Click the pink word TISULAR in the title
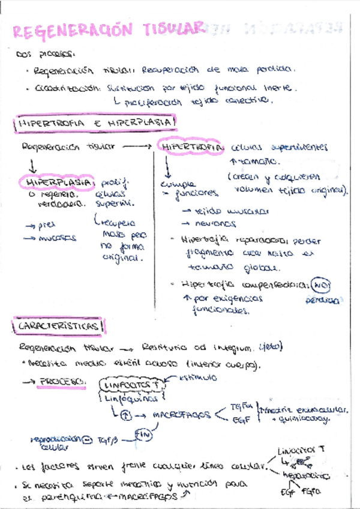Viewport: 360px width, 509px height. (174, 28)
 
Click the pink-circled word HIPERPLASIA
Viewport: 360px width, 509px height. (58, 181)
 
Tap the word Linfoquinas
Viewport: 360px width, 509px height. (131, 397)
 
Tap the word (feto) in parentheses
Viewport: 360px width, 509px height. (274, 347)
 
